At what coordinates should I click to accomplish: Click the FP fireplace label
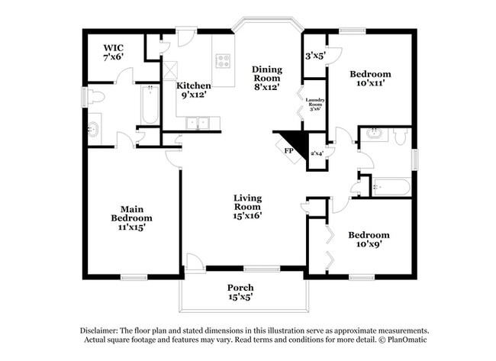click(x=288, y=151)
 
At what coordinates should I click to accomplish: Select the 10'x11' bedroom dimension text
click(x=370, y=85)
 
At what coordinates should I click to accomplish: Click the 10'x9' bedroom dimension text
click(x=369, y=245)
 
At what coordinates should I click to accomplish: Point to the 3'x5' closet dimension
click(x=314, y=56)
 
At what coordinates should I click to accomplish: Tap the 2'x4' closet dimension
click(x=317, y=153)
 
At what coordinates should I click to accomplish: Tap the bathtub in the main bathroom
click(x=149, y=106)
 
